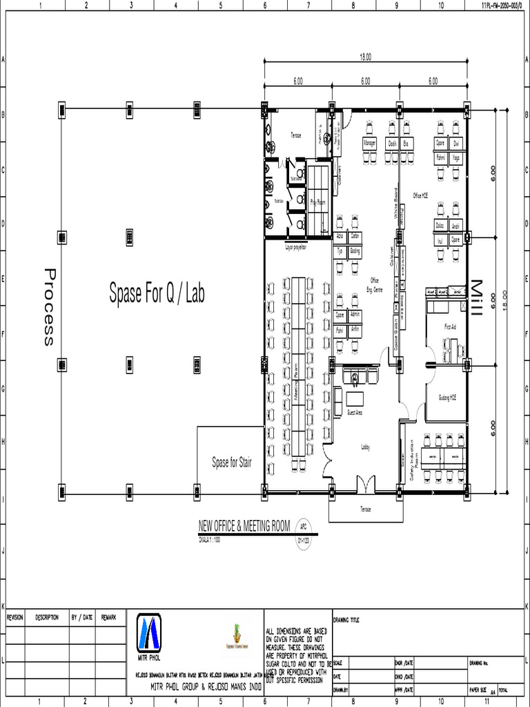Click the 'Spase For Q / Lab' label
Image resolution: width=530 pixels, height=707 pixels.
(x=157, y=293)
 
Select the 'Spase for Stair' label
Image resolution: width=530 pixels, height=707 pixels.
(x=231, y=463)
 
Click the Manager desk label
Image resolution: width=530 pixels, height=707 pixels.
(x=370, y=144)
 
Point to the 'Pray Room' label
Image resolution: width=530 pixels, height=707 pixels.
(x=317, y=202)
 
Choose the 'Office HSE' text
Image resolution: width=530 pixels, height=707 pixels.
(x=420, y=196)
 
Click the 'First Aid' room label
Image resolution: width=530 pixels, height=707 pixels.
(x=450, y=327)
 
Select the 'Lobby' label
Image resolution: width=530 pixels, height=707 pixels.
(x=366, y=447)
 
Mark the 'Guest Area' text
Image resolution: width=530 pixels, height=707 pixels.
(x=355, y=412)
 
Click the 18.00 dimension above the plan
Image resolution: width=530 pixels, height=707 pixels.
(x=364, y=57)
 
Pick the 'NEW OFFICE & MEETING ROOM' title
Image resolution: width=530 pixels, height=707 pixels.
(x=244, y=526)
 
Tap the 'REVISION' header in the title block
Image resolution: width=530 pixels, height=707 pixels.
(x=15, y=617)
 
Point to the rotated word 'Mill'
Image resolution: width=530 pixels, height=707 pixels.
(x=475, y=298)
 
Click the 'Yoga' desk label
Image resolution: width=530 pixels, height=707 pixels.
(x=455, y=158)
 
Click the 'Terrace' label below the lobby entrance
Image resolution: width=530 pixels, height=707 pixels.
(x=365, y=510)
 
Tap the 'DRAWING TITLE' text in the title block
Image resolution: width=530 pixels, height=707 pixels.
(x=346, y=619)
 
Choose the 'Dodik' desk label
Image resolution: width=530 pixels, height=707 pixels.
(x=392, y=144)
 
